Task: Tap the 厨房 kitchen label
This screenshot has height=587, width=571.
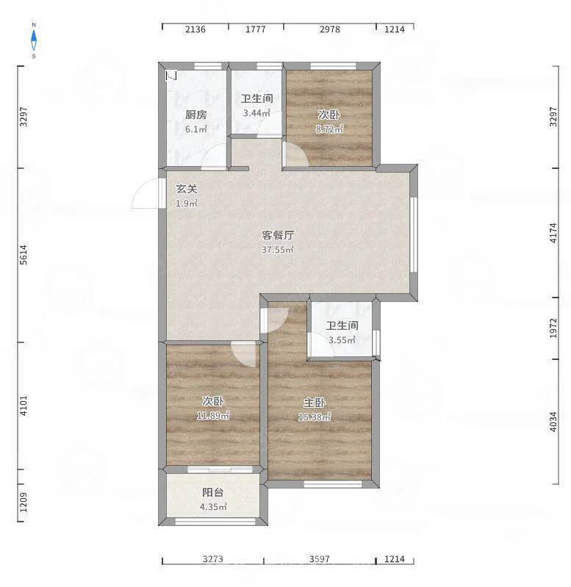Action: coord(195,115)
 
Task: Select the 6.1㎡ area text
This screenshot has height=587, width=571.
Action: coord(195,129)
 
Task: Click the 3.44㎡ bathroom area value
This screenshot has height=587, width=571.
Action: coord(256,112)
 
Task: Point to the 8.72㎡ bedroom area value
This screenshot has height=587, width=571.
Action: coord(329,129)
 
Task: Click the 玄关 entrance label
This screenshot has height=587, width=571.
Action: coord(187,189)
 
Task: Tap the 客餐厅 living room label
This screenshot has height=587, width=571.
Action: coord(278,235)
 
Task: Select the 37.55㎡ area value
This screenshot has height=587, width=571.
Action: coord(278,250)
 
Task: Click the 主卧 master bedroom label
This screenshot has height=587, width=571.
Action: coord(315,403)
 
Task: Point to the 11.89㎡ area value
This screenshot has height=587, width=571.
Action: coord(213,416)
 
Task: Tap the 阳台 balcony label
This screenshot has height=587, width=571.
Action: coord(213,492)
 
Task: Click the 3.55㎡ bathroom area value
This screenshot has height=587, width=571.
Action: coord(342,340)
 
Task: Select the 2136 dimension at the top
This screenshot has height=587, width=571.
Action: coord(195,29)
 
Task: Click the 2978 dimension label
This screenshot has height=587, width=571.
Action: coord(330,29)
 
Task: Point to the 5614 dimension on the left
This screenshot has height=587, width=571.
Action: coord(24,255)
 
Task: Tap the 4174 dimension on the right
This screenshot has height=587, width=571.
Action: coord(554,233)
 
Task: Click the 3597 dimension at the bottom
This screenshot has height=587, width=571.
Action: coord(320,559)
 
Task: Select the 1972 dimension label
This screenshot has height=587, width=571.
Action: coord(554,328)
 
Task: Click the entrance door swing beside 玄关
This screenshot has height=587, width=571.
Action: coord(146,193)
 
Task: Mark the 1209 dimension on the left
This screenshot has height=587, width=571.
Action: coord(24,503)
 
